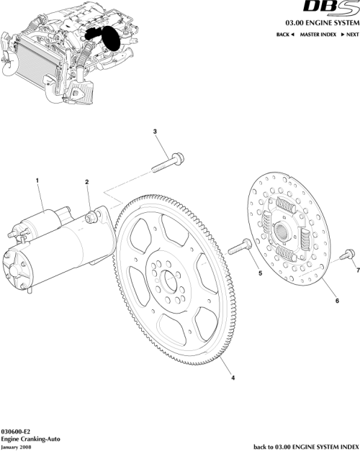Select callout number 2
pyautogui.click(x=86, y=183)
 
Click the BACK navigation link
pyautogui.click(x=287, y=35)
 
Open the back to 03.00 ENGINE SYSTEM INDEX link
pyautogui.click(x=305, y=445)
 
